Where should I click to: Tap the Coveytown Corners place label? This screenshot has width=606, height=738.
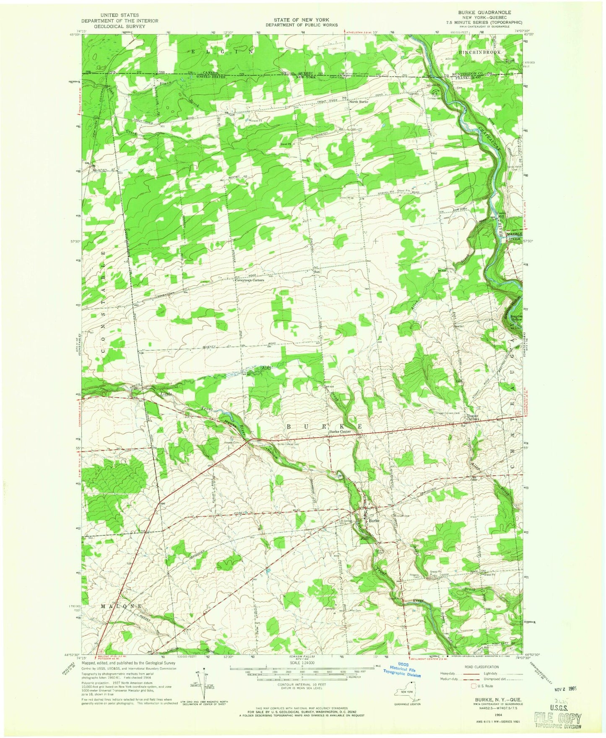(x=249, y=280)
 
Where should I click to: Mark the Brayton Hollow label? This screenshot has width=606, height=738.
(x=515, y=317)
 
